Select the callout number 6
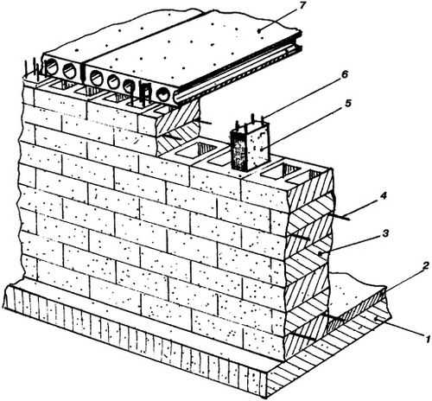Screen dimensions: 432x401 pyautogui.click(x=344, y=74)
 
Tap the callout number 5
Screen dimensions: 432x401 pyautogui.click(x=348, y=103)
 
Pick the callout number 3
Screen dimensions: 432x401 pyautogui.click(x=385, y=232)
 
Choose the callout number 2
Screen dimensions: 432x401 pyautogui.click(x=426, y=265)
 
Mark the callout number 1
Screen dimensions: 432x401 pyautogui.click(x=429, y=339)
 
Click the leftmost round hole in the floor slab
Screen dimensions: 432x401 pyautogui.click(x=51, y=68)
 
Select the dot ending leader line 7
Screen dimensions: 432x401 pyautogui.click(x=259, y=31)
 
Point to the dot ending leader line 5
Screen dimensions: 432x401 pyautogui.click(x=261, y=149)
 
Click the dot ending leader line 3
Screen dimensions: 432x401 pyautogui.click(x=320, y=253)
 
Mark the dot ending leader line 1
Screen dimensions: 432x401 pyautogui.click(x=376, y=319)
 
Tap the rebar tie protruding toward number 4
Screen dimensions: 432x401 pyautogui.click(x=340, y=217)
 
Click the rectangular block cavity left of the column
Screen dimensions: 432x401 pyautogui.click(x=197, y=150)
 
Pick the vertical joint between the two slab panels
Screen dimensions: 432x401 pyautogui.click(x=83, y=72)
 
